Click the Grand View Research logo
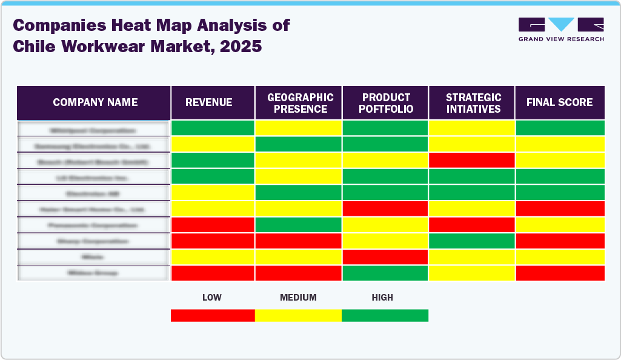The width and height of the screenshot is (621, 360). click(561, 29)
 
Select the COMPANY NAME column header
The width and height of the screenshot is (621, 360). click(95, 102)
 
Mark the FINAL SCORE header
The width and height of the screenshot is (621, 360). click(559, 102)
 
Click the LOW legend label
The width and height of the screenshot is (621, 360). click(211, 298)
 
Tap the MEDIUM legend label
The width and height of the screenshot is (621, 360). click(298, 298)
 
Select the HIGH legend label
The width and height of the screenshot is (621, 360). click(382, 298)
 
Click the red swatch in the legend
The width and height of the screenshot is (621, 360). click(213, 315)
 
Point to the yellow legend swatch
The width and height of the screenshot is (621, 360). click(298, 315)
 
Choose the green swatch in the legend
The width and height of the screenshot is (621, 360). click(385, 315)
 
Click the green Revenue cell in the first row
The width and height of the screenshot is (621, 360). click(213, 128)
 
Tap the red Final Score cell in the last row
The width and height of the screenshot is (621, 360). click(560, 273)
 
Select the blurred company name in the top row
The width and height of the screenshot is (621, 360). click(93, 130)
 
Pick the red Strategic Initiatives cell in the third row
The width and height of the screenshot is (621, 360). click(471, 160)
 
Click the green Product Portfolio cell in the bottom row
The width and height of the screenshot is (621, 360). click(385, 273)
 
